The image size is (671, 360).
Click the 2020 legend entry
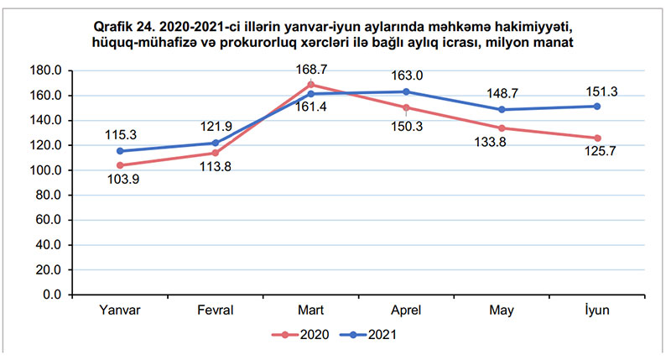299,334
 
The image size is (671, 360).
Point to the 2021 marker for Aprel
406,91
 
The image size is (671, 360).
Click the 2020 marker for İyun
597,138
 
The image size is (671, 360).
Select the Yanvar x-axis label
120,310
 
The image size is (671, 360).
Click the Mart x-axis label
311,310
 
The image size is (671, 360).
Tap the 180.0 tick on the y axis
48,70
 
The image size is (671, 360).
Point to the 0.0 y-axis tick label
53,295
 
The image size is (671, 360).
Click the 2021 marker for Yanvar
120,151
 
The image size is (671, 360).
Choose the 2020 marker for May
502,128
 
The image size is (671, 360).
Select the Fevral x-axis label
216,310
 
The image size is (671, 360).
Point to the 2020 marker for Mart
311,85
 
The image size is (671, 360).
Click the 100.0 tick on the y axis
48,170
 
